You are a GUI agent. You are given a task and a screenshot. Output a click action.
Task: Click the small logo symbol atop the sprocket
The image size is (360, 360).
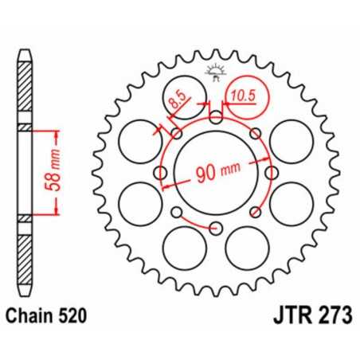pyautogui.click(x=216, y=72)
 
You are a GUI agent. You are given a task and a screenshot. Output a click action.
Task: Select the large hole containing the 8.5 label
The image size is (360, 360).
pyautogui.click(x=180, y=103)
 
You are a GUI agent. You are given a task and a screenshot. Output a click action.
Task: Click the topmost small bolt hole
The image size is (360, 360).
pyautogui.click(x=216, y=119)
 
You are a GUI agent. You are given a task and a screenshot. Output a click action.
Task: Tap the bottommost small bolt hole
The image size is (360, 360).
pyautogui.click(x=216, y=229)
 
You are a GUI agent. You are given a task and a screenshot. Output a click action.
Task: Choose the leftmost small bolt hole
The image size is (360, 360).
pyautogui.click(x=161, y=174)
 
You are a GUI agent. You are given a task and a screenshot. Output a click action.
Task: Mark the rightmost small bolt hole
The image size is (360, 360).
pyautogui.click(x=271, y=174)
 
